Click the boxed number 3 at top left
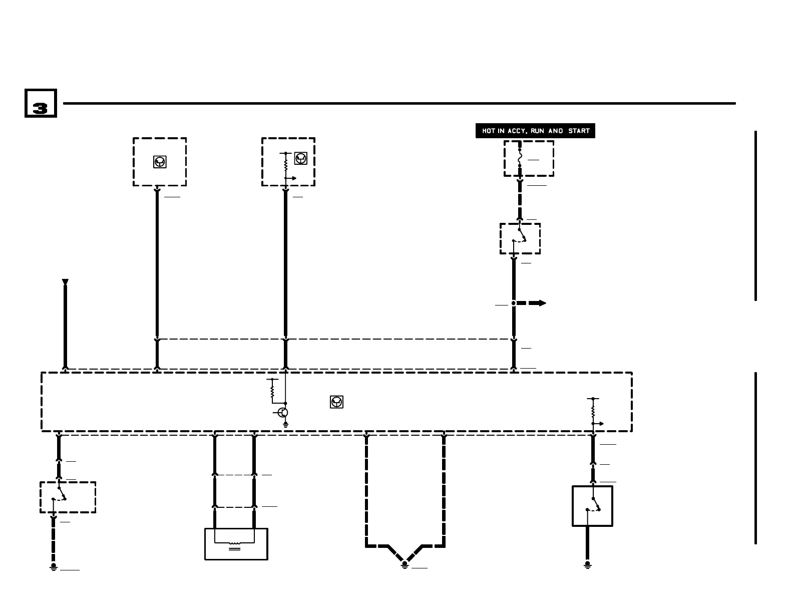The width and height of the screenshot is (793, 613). point(41,104)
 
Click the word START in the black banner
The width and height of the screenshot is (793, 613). point(579,131)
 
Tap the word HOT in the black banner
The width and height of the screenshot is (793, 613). point(489,131)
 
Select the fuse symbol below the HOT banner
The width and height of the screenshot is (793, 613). point(520,158)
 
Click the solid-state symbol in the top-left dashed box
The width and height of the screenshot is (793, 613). point(160,162)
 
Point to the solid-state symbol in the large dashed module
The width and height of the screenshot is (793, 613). point(336,402)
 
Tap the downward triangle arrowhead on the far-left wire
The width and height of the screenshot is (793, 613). point(65,282)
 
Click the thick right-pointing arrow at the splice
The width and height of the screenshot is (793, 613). point(538,303)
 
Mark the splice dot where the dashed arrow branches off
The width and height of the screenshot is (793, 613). point(514,303)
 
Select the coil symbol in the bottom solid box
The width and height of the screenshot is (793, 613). point(234,543)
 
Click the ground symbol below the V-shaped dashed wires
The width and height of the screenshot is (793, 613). point(405,565)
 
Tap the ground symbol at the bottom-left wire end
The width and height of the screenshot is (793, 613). point(54,567)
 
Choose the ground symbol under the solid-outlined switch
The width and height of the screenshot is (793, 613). point(588,565)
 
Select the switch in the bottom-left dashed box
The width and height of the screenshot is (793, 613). point(59,494)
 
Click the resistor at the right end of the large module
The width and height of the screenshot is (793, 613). point(593,411)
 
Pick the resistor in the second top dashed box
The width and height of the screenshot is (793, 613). point(285,163)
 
